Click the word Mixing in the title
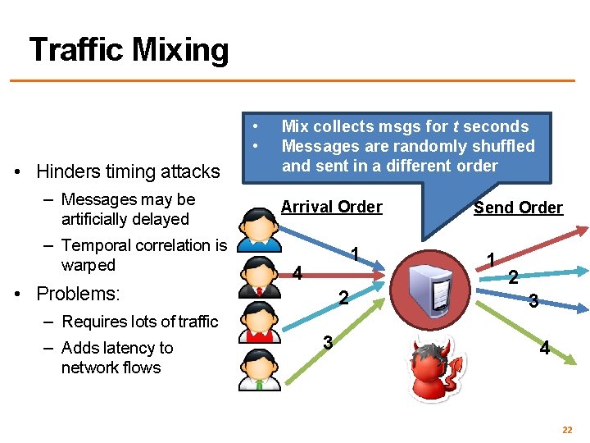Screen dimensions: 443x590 point(180,51)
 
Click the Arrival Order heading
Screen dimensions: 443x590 point(331,207)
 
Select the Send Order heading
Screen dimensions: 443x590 point(518,208)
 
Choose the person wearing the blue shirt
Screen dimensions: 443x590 point(260,225)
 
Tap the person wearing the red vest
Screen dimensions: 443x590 point(260,326)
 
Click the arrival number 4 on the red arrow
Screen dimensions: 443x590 point(298,274)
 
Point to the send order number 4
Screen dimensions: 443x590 point(544,349)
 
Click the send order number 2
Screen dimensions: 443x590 point(513,277)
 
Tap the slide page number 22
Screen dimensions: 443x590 point(566,430)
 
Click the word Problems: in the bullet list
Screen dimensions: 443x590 point(79,294)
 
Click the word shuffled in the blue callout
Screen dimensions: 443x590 point(501,146)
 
